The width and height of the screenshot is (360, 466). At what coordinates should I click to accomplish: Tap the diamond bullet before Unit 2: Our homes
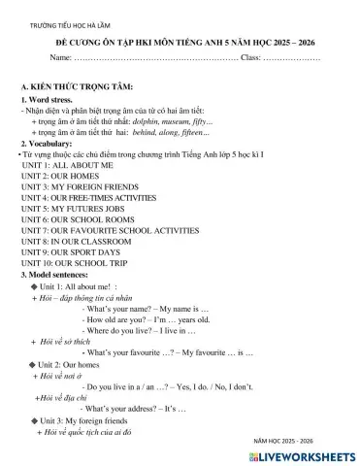point(34,362)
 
